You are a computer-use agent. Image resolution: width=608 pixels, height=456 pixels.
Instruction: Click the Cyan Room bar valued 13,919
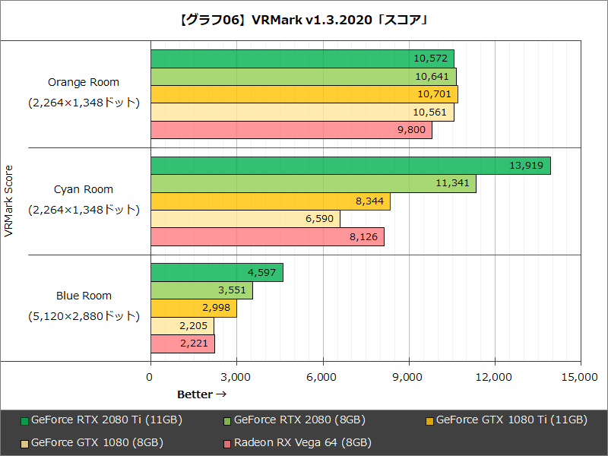[x=350, y=166]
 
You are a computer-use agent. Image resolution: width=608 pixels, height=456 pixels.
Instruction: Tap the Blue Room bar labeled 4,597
[x=217, y=272]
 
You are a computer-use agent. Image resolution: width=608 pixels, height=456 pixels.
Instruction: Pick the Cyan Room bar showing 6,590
[x=245, y=219]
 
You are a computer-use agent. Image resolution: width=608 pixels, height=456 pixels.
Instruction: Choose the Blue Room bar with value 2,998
[x=193, y=308]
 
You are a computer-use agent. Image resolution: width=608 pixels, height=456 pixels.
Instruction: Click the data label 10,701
[x=434, y=94]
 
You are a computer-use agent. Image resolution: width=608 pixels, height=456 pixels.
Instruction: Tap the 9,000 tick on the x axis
[x=409, y=377]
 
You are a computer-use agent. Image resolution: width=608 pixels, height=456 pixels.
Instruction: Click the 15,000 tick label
[x=581, y=377]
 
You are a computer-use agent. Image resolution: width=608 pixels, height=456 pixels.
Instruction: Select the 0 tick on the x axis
[x=150, y=377]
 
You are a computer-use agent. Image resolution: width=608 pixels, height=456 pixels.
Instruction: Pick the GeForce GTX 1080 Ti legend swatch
[x=429, y=420]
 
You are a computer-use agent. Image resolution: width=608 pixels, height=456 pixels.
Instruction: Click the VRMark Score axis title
[x=9, y=201]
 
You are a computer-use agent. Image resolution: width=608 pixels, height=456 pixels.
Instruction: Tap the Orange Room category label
[x=84, y=82]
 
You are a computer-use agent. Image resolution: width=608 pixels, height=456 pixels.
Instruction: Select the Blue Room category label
[x=84, y=296]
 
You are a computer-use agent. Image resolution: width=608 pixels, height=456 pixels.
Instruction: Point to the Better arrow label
[x=202, y=394]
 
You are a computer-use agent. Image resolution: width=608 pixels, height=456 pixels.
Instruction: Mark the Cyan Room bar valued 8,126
[x=267, y=237]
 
